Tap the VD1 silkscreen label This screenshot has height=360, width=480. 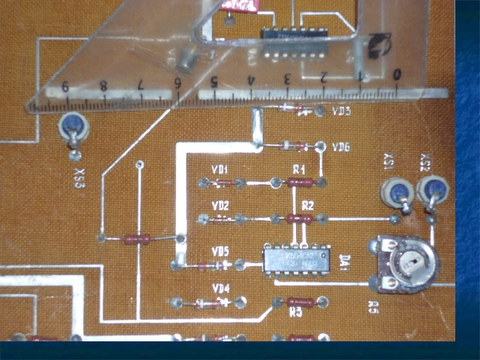pos(220,169)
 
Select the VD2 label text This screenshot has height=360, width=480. pos(220,205)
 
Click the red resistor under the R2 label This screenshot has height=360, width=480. pos(299,217)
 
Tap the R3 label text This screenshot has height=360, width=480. pos(296,311)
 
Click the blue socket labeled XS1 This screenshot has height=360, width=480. pos(395,192)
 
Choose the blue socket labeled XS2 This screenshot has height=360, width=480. pos(431,189)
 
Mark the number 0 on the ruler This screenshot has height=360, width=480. pos(397,74)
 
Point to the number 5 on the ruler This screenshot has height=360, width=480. pos(215,83)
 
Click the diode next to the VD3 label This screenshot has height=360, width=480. pos(293,108)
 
